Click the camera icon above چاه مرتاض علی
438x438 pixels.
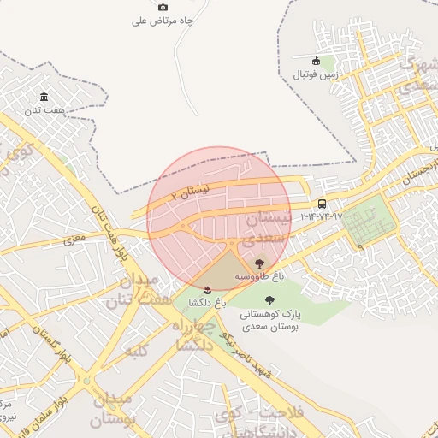pos(163,7)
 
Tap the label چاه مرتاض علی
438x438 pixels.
pos(163,21)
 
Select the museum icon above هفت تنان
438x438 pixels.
pos(44,98)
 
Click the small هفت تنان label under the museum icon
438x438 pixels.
pos(44,111)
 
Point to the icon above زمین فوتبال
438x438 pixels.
pos(317,61)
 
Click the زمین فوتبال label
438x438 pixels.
pos(317,74)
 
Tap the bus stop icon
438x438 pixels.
pos(322,204)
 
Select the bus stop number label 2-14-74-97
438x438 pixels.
pos(322,217)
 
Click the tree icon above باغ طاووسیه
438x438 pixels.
pos(260,264)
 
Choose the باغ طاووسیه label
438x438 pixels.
pos(260,278)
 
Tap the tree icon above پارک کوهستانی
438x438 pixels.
pos(270,300)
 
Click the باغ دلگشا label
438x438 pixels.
pos(207,302)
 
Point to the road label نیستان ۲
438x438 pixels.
pos(189,193)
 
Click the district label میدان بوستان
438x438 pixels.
pos(112,410)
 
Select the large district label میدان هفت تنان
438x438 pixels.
pos(133,290)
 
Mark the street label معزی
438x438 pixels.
pos(75,237)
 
